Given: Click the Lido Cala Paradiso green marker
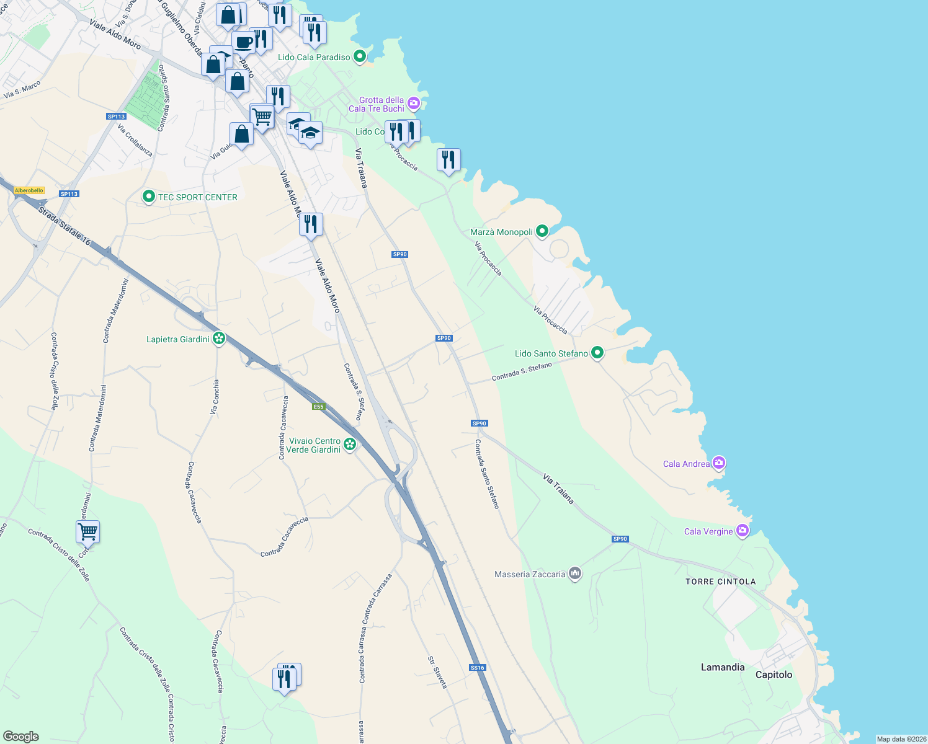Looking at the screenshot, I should (x=359, y=57).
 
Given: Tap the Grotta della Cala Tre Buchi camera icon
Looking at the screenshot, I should (x=414, y=103).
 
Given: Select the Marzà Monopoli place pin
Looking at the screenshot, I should (x=542, y=231).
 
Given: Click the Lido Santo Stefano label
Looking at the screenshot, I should (x=551, y=353).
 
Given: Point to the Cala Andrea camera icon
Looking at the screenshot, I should (x=719, y=463).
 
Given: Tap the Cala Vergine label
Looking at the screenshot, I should (x=708, y=531).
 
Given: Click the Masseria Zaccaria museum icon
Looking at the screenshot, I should (x=575, y=573).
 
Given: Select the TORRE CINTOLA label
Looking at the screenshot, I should (x=720, y=582).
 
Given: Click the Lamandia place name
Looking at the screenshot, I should (x=722, y=667).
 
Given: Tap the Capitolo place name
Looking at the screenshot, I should (x=774, y=675).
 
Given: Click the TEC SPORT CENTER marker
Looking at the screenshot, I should (x=149, y=197).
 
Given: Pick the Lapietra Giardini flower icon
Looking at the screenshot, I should (x=218, y=339).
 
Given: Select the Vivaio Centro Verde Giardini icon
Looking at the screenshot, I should (x=350, y=444).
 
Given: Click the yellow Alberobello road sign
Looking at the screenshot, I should (x=29, y=190).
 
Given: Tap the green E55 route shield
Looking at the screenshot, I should (x=318, y=407).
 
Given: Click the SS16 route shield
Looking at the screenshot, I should (x=477, y=668).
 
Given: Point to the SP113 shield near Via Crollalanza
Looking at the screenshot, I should (x=116, y=117).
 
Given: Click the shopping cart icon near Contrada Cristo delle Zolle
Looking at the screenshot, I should (x=87, y=531).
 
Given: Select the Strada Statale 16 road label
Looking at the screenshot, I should (x=64, y=226).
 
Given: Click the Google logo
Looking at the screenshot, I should (x=21, y=737).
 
